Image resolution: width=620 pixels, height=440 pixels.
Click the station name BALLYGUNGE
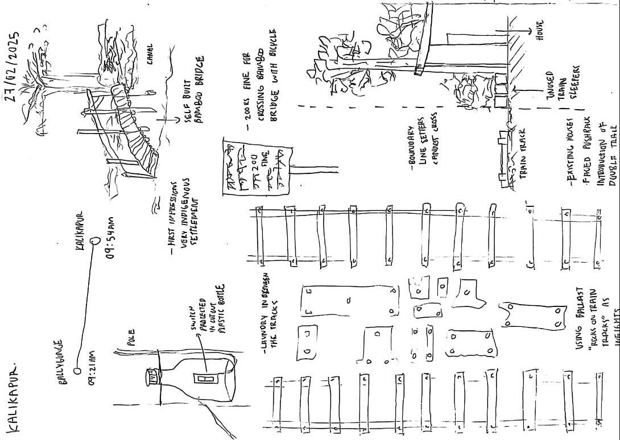click(64, 364)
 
